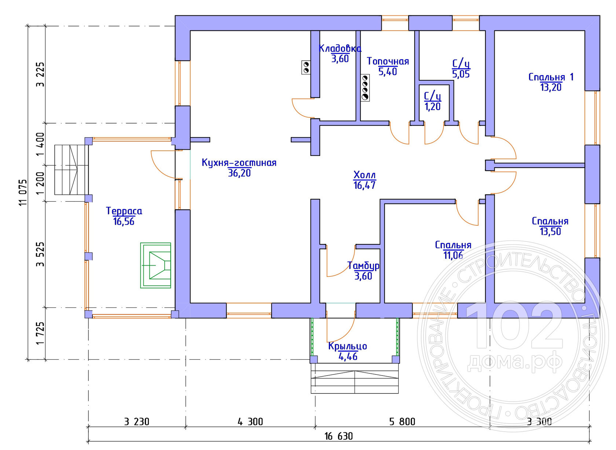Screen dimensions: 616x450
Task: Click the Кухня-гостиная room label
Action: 239,162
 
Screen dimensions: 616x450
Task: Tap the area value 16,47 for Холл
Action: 364,186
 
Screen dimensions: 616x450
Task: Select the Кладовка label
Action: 340,48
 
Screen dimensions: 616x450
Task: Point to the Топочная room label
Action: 388,61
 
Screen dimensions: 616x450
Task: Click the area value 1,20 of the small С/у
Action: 433,107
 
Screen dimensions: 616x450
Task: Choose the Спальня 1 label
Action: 551,77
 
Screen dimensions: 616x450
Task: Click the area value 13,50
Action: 550,231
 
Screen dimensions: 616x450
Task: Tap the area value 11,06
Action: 453,255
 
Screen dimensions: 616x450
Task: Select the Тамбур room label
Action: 363,266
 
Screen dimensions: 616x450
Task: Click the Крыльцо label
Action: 348,346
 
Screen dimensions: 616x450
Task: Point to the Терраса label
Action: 124,211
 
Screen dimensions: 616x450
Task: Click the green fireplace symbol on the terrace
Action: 155,266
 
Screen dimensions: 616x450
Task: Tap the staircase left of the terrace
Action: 71,170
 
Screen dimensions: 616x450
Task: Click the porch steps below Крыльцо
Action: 355,378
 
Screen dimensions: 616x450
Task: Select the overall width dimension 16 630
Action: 338,436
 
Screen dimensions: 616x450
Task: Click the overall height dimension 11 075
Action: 23,193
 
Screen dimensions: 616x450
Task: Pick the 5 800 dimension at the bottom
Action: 402,422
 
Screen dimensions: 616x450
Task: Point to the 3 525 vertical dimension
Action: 40,254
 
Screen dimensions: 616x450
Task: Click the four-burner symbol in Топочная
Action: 365,87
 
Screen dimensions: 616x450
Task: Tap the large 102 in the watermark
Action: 514,326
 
